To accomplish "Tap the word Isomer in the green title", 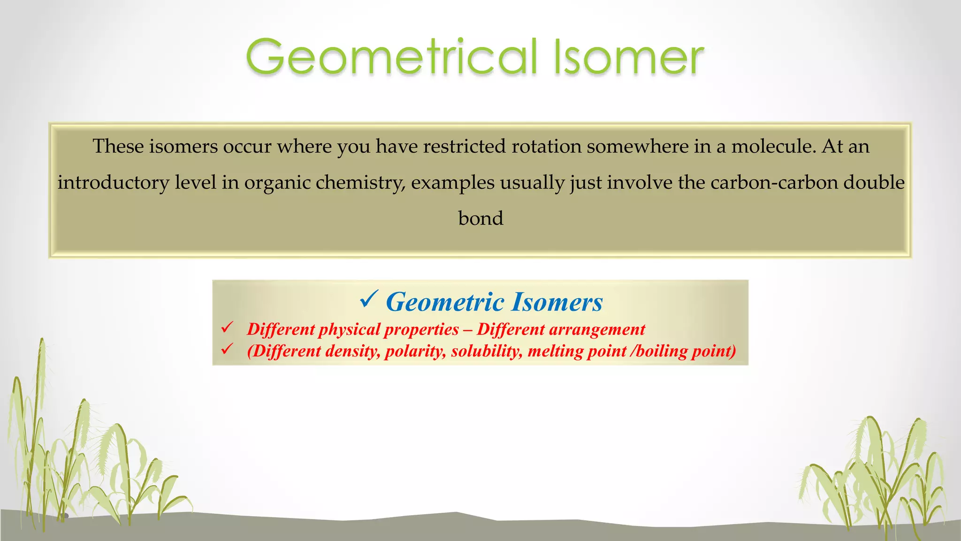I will click(629, 57).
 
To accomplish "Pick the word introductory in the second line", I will click(113, 183).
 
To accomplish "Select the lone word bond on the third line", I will click(480, 218).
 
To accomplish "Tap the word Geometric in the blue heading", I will click(445, 302).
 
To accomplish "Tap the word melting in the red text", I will click(551, 351).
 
